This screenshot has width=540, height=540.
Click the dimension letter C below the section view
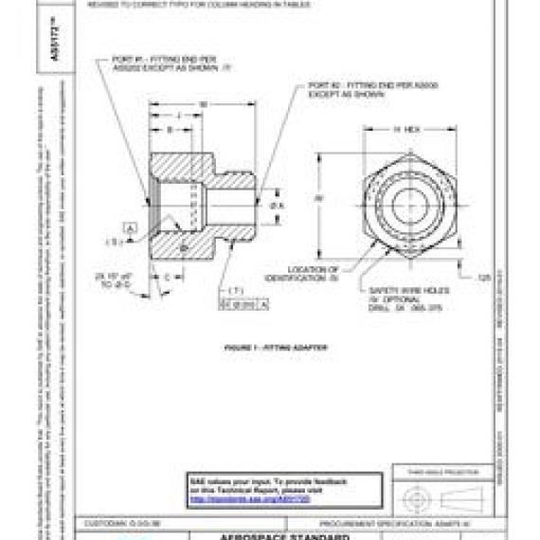coord(167,277)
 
